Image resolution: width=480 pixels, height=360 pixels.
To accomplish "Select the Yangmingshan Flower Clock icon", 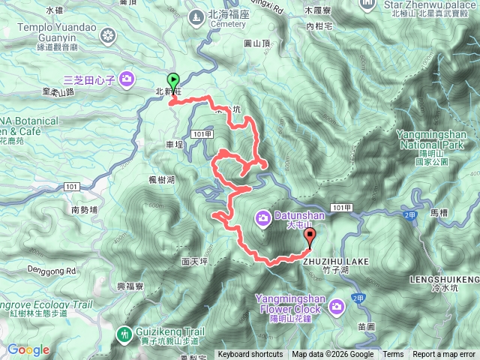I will (x=337, y=305).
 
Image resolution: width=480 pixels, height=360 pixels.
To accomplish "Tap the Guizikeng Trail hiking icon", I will (x=126, y=331).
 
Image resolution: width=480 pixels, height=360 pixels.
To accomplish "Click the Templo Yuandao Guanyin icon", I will (x=109, y=35).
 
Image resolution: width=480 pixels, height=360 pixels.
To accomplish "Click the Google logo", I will (x=28, y=349).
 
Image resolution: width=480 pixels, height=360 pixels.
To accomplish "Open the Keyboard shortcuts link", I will (x=251, y=355).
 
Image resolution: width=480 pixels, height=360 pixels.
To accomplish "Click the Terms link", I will (x=392, y=355).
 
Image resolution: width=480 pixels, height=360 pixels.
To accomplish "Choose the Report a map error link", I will (x=444, y=355).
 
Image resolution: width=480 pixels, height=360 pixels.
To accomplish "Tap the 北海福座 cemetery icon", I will (x=196, y=15).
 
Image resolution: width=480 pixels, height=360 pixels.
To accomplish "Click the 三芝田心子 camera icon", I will (x=127, y=78).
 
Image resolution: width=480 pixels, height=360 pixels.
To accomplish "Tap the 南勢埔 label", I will (x=85, y=211).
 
